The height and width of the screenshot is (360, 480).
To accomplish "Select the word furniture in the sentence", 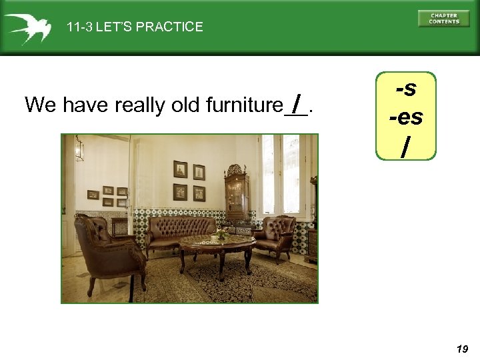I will (x=245, y=105).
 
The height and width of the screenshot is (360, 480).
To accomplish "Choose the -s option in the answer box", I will (x=405, y=88).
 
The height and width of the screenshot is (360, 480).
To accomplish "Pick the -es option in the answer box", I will (x=405, y=117).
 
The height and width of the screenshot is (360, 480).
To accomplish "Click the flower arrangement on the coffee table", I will (x=221, y=234).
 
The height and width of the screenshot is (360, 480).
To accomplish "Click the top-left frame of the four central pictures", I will (x=180, y=169).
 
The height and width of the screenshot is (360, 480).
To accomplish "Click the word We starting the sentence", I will (x=39, y=105).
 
